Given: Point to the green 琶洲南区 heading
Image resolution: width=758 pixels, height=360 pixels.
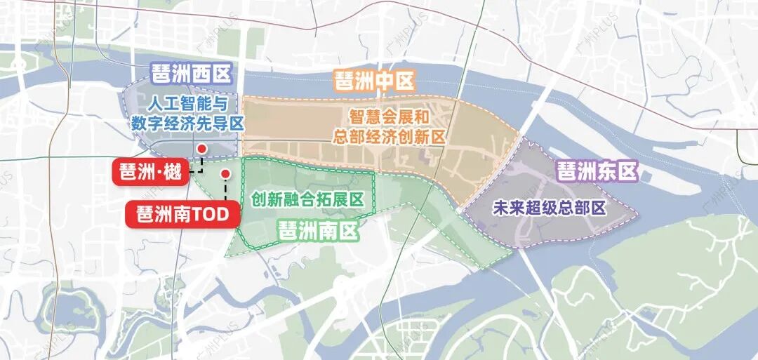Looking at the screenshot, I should [x=318, y=229].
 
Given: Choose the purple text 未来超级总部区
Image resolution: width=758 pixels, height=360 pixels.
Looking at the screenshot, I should [x=550, y=208].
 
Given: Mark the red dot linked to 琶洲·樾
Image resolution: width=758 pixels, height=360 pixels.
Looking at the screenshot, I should [x=202, y=149].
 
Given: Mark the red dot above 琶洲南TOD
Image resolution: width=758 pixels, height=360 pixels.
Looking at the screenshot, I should [x=225, y=173].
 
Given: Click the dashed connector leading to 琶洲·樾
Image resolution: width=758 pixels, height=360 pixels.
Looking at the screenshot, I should [x=199, y=167].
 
